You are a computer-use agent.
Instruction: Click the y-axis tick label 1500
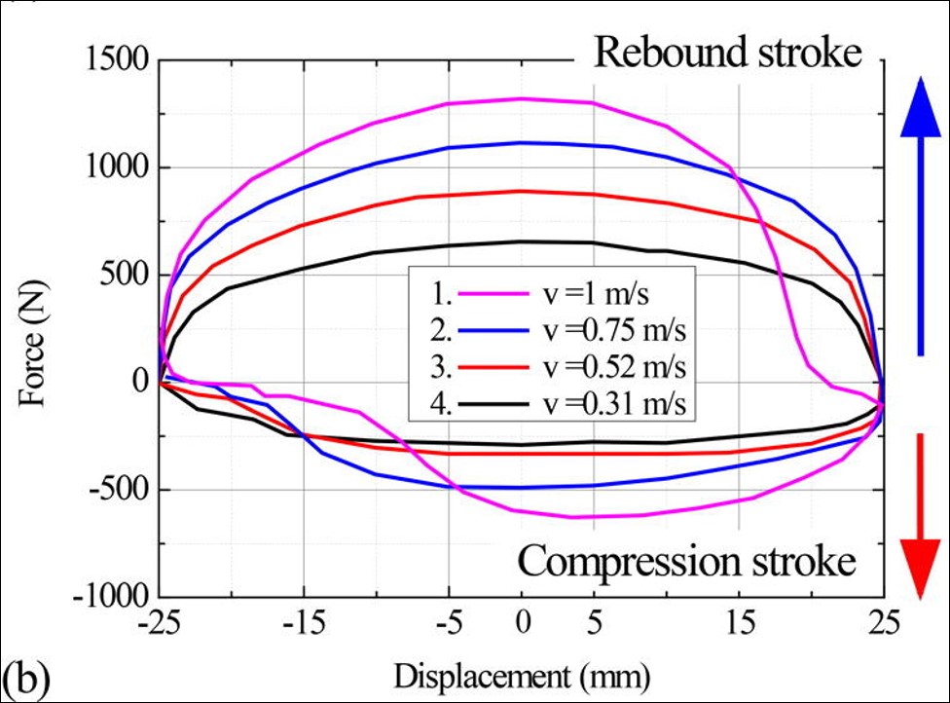[115, 60]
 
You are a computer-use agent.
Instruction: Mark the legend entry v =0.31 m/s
[617, 403]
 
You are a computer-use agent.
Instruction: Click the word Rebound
[659, 53]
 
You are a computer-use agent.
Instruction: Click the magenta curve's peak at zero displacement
[522, 98]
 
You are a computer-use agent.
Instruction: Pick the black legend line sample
[495, 403]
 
